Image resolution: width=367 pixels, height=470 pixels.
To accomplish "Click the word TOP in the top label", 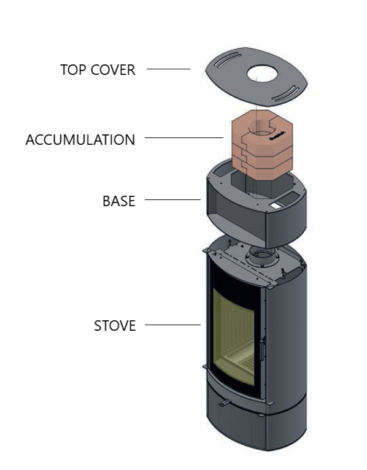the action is click(74, 70).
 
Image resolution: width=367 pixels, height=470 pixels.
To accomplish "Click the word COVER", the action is click(113, 70).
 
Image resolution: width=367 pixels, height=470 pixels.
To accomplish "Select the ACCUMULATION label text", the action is click(80, 140).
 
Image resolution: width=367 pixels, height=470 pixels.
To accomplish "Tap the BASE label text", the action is click(118, 201).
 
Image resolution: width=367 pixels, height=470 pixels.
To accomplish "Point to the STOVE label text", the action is click(115, 326).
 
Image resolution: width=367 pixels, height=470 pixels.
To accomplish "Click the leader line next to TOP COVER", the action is click(168, 69).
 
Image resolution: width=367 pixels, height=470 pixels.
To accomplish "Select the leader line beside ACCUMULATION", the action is click(184, 137).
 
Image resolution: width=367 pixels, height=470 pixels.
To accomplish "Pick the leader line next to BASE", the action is click(172, 199).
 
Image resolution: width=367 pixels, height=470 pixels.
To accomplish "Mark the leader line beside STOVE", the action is click(172, 325).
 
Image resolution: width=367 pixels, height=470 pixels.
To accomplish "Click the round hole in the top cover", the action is click(262, 74).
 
